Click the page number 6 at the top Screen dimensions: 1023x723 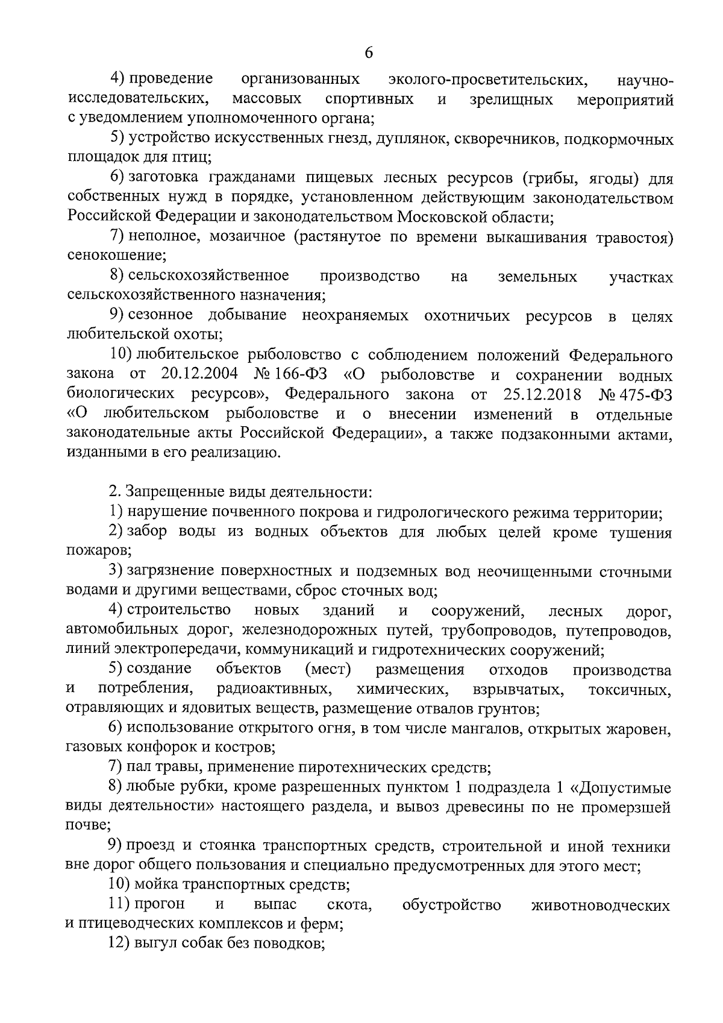click(369, 53)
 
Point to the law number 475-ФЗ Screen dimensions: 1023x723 click(645, 395)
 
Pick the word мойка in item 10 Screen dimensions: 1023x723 click(157, 886)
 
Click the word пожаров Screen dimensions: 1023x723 click(98, 552)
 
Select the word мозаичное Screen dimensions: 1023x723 click(247, 236)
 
